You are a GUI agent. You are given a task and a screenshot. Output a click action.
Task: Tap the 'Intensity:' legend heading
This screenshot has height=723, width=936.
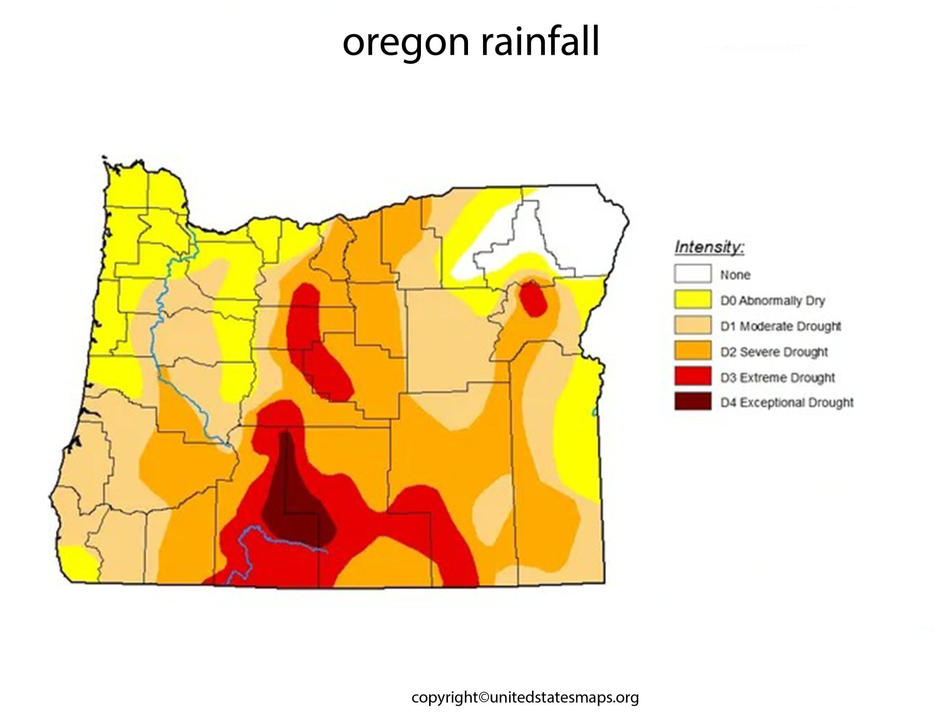tap(709, 248)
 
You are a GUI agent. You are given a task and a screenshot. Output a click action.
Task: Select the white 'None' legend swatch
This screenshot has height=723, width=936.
tap(692, 274)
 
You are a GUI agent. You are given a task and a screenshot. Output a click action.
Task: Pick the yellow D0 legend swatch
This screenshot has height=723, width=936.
tap(692, 300)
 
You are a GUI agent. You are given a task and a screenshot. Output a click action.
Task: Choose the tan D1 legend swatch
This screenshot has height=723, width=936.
tap(692, 326)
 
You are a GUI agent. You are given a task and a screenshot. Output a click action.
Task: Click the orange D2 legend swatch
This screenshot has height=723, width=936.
tap(692, 351)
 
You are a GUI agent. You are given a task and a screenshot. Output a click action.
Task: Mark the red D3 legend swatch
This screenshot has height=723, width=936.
tap(692, 377)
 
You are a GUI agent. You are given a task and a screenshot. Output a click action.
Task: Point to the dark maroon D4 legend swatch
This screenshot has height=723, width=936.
tap(692, 402)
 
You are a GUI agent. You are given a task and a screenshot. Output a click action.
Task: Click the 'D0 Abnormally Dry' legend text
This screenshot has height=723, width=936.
tap(772, 301)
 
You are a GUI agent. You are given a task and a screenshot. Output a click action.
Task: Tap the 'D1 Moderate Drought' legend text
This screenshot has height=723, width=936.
tap(781, 326)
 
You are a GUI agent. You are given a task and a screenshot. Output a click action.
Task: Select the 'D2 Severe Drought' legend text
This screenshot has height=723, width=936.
tap(774, 352)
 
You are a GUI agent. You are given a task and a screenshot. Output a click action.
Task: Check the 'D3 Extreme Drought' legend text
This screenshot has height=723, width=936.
tap(777, 378)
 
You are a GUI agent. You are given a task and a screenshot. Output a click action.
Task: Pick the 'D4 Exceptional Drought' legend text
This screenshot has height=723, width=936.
tap(787, 402)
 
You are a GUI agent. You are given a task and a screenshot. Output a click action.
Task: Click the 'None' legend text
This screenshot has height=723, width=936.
tap(735, 275)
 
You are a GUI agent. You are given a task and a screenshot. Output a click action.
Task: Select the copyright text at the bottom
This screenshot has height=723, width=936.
tap(525, 697)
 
